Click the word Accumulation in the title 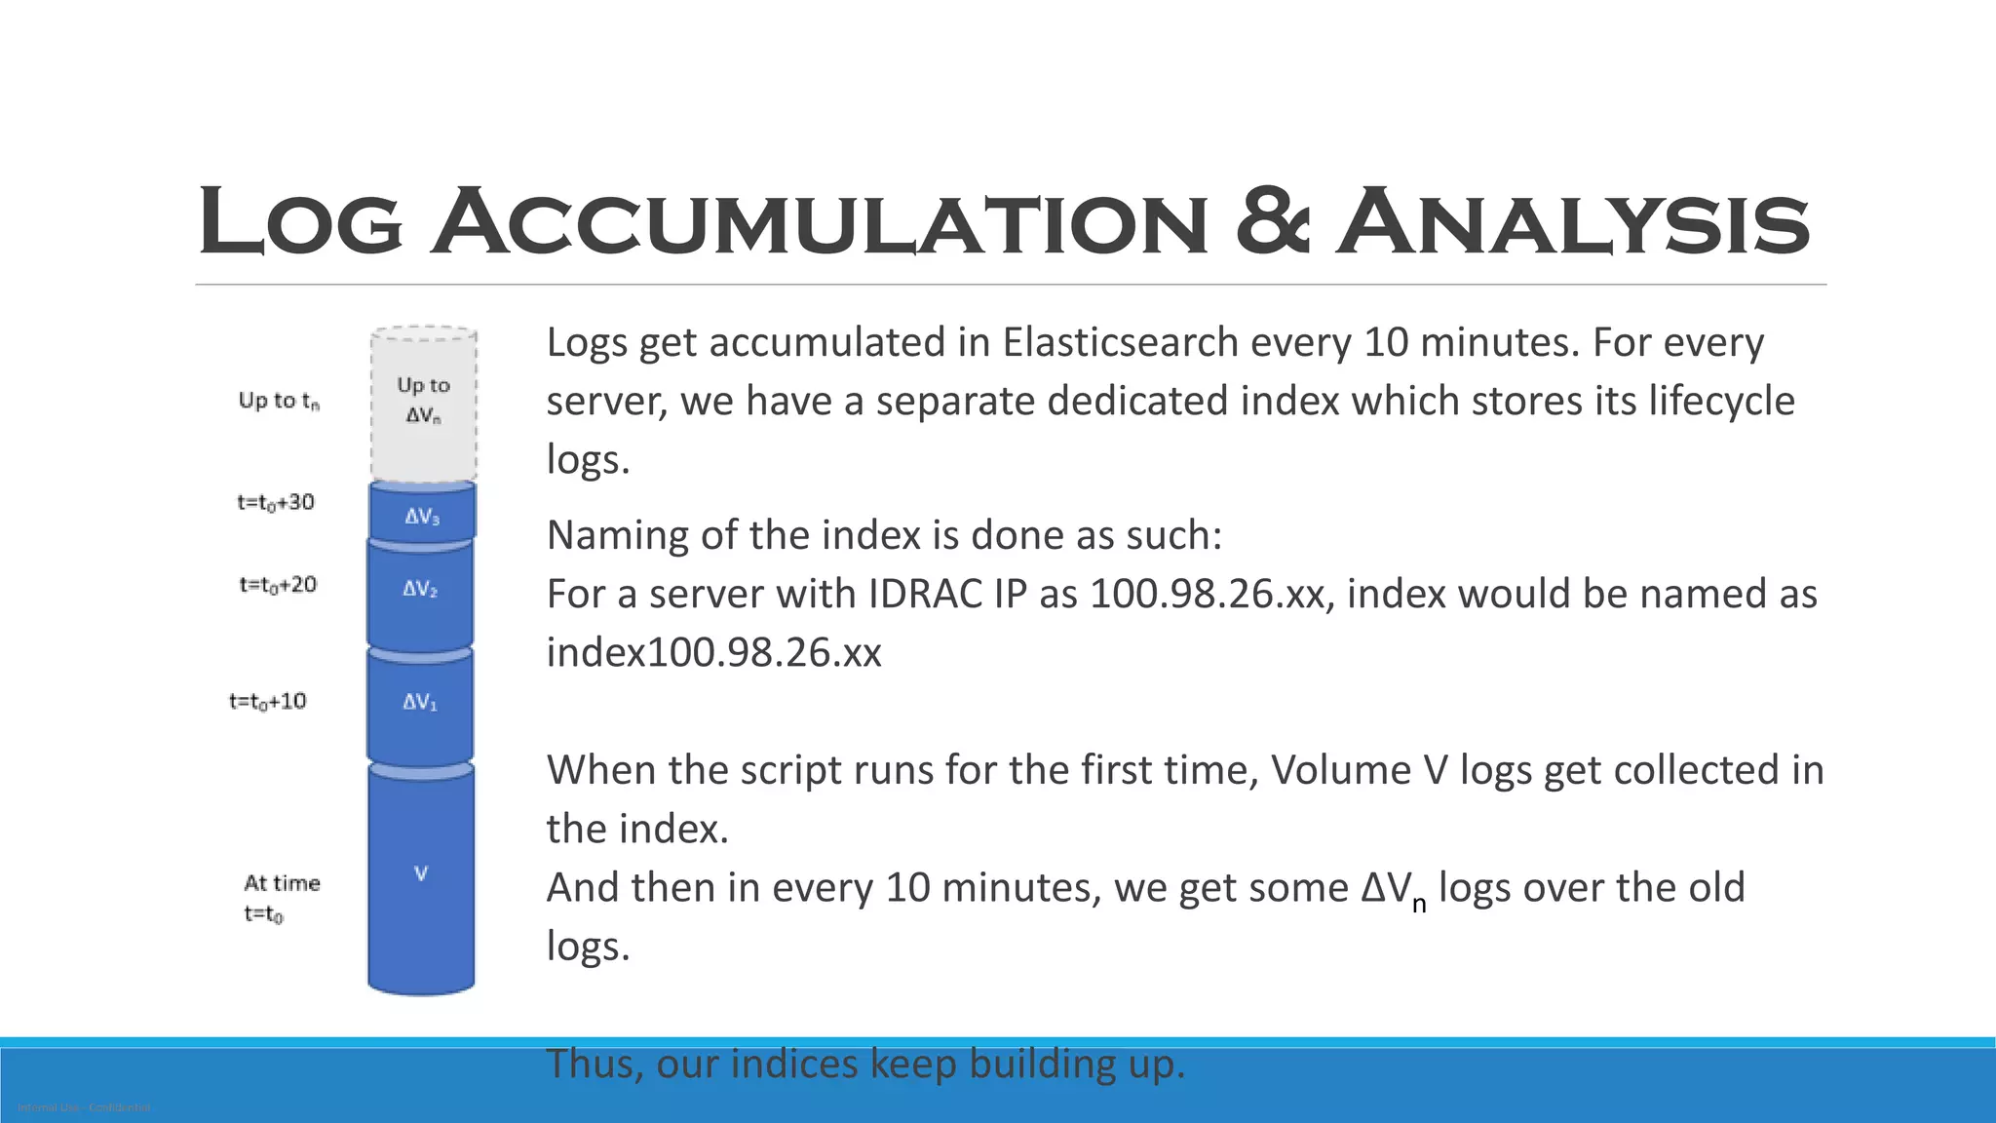point(819,222)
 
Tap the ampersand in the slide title point(1271,222)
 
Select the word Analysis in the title point(1571,222)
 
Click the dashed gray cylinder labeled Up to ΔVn point(423,402)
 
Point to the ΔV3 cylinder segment point(422,515)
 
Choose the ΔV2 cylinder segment point(420,591)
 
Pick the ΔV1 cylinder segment point(420,704)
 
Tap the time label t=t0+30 point(276,503)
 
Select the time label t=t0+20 point(278,585)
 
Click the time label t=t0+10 point(268,702)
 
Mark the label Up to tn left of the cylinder point(279,401)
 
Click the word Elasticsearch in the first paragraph point(1120,343)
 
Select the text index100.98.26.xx point(713,653)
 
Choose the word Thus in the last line point(594,1064)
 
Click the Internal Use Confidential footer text point(84,1108)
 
